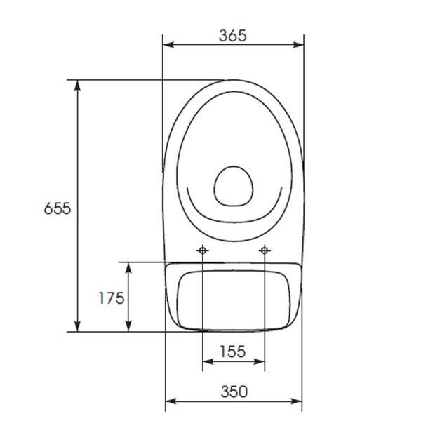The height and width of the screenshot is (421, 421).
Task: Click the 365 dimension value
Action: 232,36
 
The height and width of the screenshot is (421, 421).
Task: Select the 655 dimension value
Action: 58,208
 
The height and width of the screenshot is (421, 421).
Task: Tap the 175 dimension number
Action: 112,298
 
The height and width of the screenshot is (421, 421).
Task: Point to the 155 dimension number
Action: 233,352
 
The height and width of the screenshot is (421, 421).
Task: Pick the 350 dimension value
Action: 234,392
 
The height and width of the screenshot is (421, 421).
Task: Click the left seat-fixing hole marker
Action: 203,250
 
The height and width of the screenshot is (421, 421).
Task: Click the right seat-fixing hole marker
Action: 265,250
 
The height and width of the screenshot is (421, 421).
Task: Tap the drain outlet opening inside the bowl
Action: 234,187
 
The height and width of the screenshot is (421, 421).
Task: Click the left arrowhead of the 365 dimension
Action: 168,45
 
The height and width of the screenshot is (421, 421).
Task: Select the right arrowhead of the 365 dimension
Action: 298,45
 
